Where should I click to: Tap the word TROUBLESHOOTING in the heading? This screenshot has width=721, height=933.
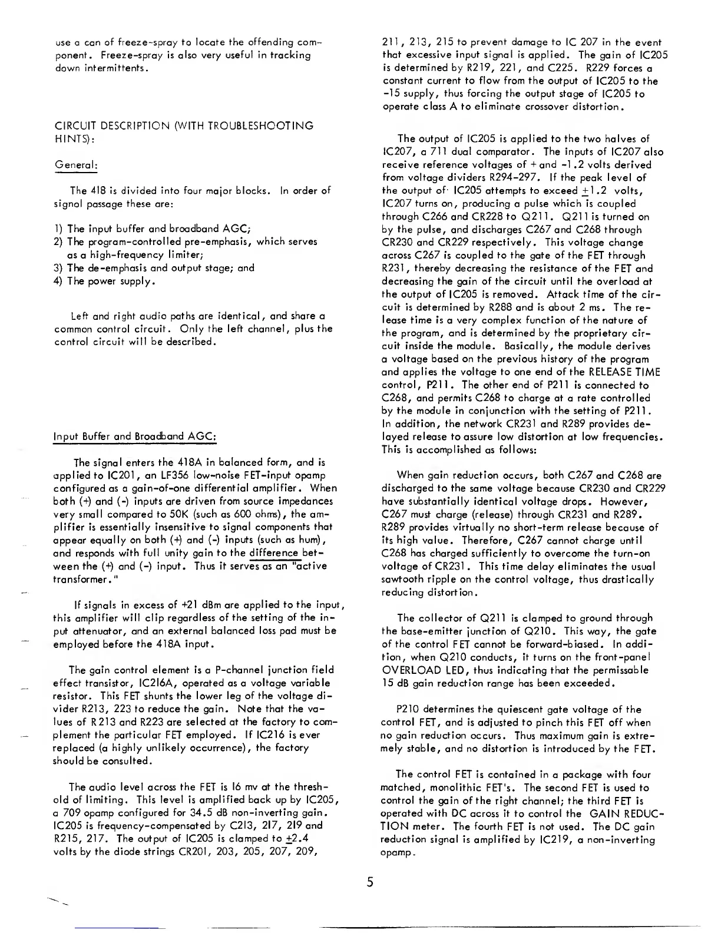pyautogui.click(x=262, y=125)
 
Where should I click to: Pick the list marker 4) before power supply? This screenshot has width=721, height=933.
pyautogui.click(x=58, y=281)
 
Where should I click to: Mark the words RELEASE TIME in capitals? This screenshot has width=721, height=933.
pyautogui.click(x=624, y=372)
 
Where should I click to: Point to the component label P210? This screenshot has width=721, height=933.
pyautogui.click(x=408, y=710)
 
